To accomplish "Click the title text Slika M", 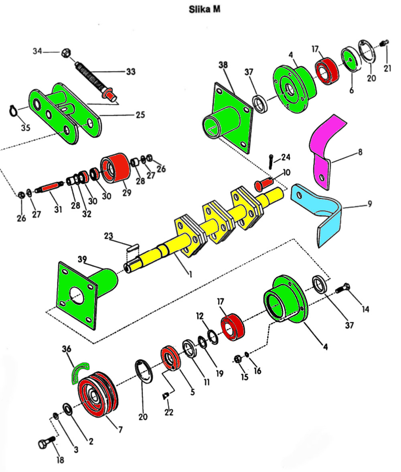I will tap(204, 9).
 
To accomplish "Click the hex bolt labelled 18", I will tap(45, 445).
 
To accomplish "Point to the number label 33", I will tap(130, 72).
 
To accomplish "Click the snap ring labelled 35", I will tap(14, 111).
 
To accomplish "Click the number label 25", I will tap(140, 115).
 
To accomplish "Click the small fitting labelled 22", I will tap(166, 396).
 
